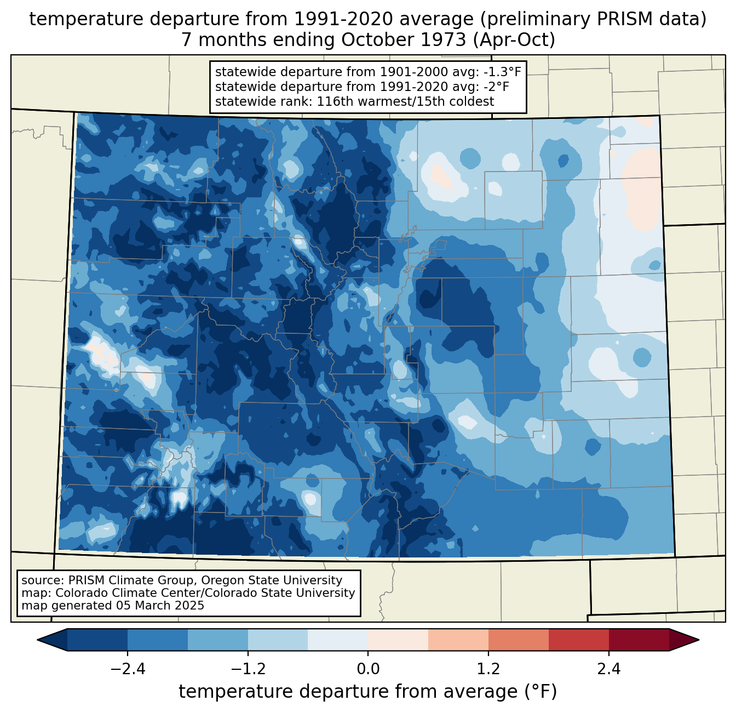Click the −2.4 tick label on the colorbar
click(x=128, y=669)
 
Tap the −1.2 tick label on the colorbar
click(x=248, y=669)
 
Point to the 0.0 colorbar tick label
click(x=368, y=669)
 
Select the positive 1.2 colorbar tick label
click(x=488, y=669)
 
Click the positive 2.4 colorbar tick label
click(x=608, y=669)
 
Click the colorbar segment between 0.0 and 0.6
click(x=398, y=640)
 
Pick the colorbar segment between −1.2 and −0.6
click(x=278, y=640)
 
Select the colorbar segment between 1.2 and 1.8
click(x=519, y=640)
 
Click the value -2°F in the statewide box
click(x=495, y=87)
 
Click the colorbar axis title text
click(x=368, y=692)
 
